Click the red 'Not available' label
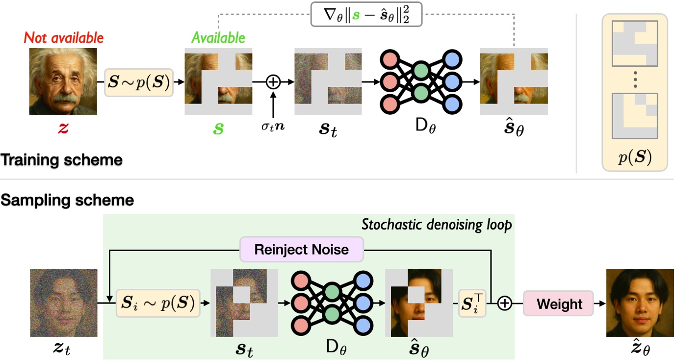64,37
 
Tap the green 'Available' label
218,37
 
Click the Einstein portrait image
64,82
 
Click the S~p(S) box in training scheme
139,82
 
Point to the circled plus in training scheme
273,82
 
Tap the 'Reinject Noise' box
301,249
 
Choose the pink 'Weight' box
559,304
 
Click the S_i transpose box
471,304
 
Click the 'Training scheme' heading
61,160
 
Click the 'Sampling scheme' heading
67,200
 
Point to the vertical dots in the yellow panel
634,79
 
